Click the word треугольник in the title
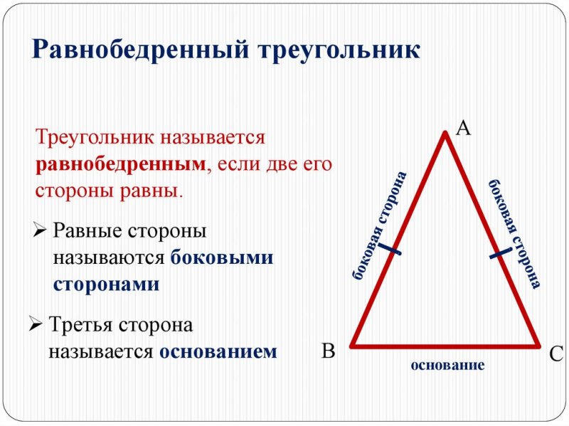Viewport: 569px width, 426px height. pos(340,50)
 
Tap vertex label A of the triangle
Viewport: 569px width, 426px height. pos(463,128)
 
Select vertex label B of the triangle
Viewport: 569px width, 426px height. pos(328,351)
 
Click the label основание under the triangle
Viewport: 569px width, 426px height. pos(447,366)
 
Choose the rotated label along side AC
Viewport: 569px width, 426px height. pos(514,233)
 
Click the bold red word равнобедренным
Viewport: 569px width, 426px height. pos(120,164)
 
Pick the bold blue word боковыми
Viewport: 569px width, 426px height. pos(222,257)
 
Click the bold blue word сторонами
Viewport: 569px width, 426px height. pos(106,284)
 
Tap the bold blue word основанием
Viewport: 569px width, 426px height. pos(218,351)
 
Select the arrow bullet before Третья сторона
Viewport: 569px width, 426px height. pos(35,325)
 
